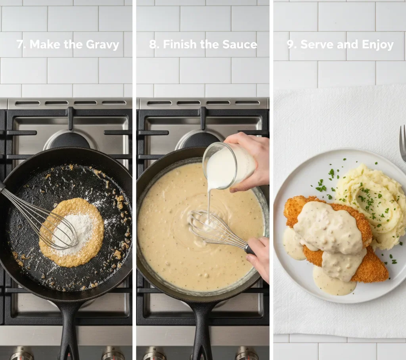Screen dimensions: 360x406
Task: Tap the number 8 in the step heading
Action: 152,44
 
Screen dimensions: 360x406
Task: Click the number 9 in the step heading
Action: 291,44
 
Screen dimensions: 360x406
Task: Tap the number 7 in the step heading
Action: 20,44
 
